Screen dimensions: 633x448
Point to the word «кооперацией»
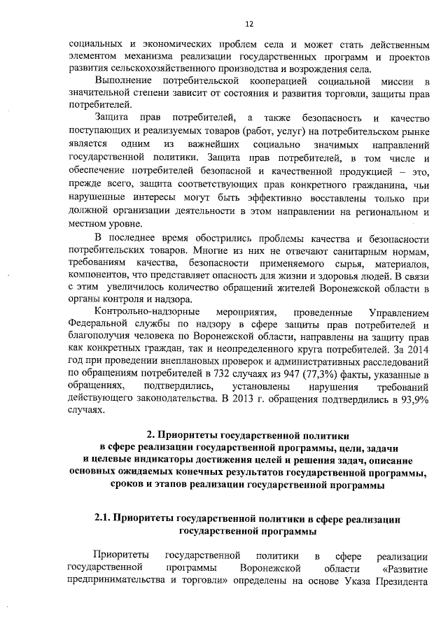click(256, 82)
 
